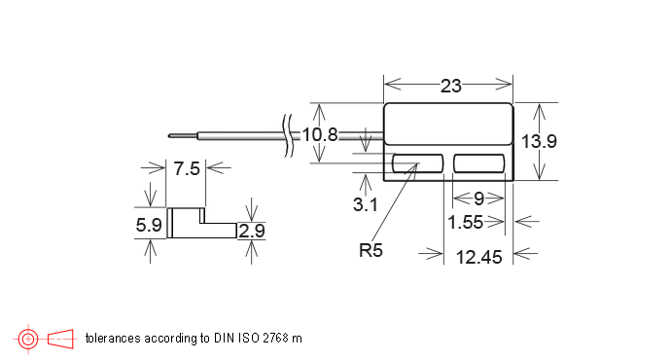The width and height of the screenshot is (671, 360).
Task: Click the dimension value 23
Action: (x=451, y=86)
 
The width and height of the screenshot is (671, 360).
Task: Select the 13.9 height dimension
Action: (x=539, y=141)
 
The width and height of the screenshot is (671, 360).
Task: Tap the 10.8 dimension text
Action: (x=320, y=135)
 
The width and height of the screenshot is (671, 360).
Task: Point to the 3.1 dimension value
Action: (x=366, y=204)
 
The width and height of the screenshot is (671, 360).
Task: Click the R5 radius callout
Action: (x=371, y=250)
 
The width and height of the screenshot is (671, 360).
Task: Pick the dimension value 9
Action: (x=478, y=198)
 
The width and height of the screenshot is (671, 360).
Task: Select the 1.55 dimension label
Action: (x=465, y=222)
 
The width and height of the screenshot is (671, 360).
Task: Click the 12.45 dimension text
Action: (x=478, y=257)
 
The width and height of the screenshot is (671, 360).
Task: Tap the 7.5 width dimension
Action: (x=187, y=168)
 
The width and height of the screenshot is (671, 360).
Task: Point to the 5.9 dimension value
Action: (x=149, y=225)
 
